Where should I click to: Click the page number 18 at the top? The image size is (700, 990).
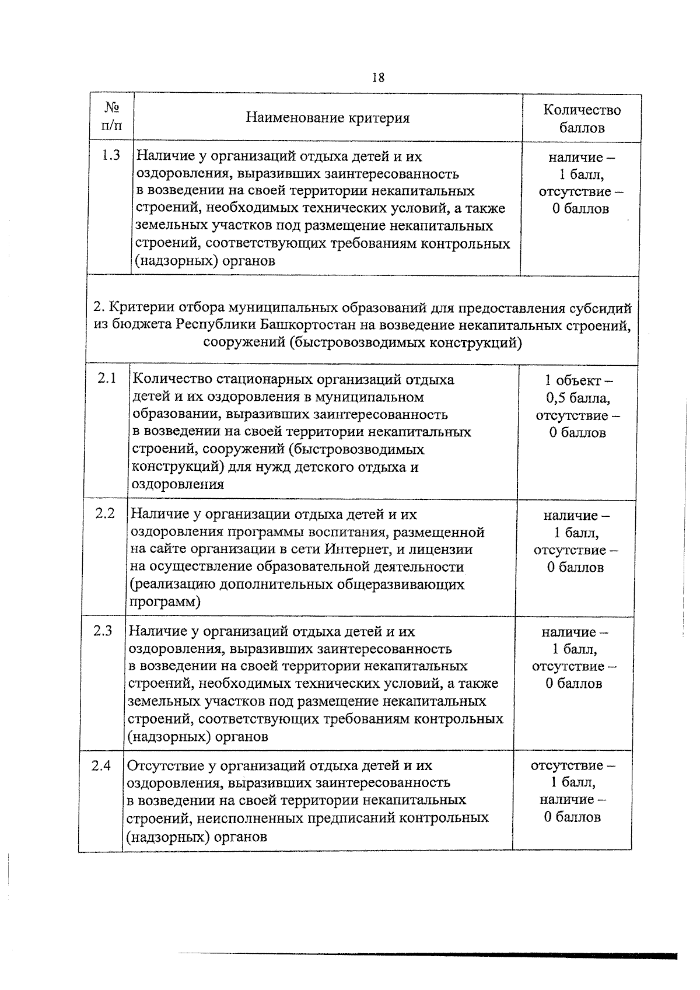tap(377, 78)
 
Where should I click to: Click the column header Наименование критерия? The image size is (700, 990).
tap(327, 118)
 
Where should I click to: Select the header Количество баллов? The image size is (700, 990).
tap(582, 118)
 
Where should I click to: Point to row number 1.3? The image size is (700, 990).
tap(111, 155)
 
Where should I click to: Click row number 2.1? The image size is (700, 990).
tap(107, 378)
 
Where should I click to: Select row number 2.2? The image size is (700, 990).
tap(105, 513)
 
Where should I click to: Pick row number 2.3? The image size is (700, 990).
tap(103, 631)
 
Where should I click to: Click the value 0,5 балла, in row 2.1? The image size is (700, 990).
tap(578, 398)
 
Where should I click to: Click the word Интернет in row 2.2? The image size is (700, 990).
tap(354, 550)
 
